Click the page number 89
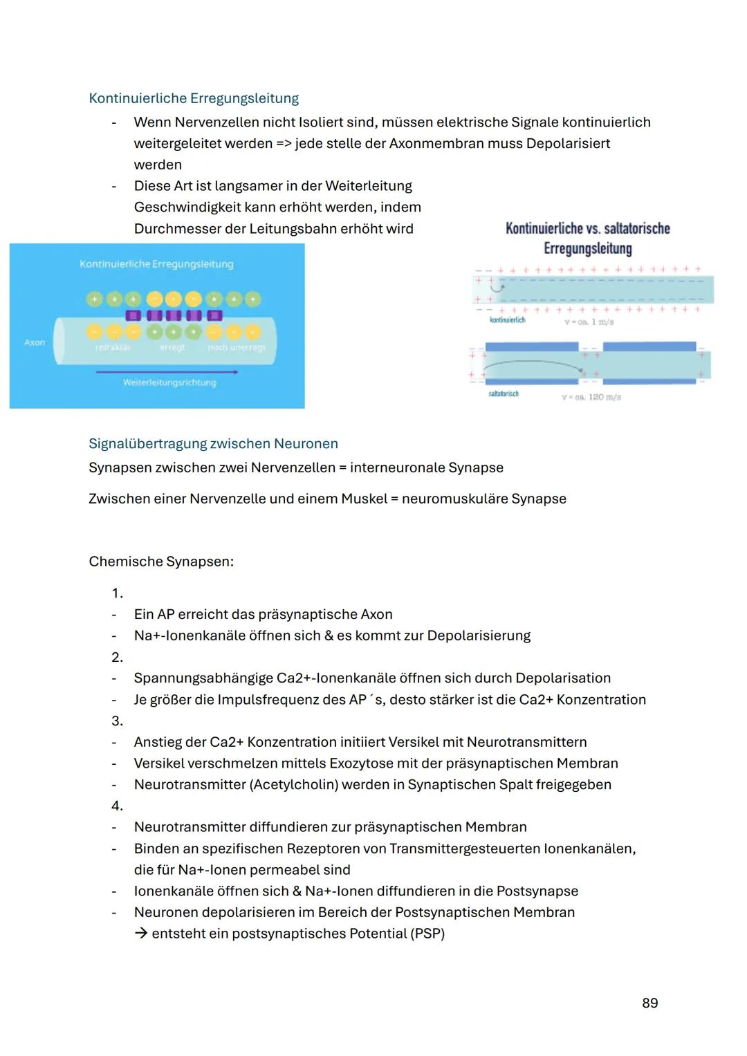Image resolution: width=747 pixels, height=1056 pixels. [649, 1003]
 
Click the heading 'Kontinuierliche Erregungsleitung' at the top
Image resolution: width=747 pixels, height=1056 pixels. [194, 98]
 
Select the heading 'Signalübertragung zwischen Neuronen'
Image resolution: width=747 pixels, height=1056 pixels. [213, 443]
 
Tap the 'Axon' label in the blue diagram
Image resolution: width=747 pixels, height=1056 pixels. [35, 342]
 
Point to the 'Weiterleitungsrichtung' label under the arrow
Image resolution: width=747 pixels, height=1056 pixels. [169, 382]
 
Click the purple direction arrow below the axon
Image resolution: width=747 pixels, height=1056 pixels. [167, 372]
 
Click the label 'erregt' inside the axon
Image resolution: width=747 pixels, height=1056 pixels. [172, 347]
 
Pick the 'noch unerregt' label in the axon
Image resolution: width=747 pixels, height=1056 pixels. [236, 347]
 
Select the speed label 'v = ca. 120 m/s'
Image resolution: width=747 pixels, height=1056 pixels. [591, 397]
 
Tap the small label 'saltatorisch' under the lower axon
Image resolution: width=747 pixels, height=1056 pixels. [503, 393]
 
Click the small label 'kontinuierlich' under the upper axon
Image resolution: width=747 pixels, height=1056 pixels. [507, 319]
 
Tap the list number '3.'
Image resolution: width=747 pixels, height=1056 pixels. [117, 721]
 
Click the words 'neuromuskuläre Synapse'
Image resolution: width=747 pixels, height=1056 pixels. [483, 499]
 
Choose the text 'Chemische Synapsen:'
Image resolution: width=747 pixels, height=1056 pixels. [161, 562]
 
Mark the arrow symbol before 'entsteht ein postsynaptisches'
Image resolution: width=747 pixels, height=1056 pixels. [141, 934]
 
